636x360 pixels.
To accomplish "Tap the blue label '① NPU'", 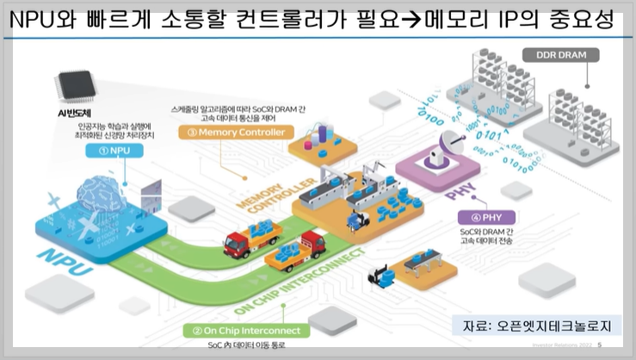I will coord(113,149).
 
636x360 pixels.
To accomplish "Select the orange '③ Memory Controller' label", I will coord(235,133).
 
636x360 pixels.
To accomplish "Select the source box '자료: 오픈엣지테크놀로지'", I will coord(535,326).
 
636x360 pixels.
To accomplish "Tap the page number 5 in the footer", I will coord(599,347).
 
